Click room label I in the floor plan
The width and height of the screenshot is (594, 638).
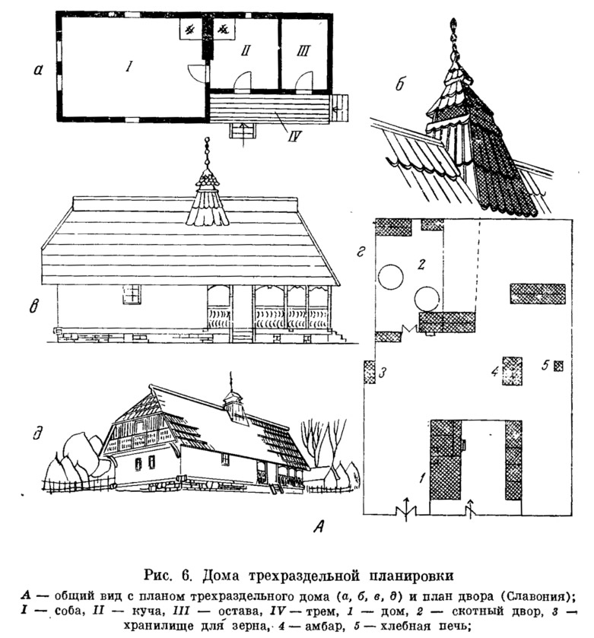click(129, 66)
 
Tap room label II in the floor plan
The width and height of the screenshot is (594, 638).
click(246, 50)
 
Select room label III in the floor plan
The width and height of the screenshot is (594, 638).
click(303, 51)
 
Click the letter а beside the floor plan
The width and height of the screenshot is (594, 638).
click(38, 71)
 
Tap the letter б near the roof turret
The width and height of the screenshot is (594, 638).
click(400, 84)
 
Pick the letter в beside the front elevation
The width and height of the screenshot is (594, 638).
click(34, 306)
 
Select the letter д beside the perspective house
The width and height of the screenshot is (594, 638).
click(37, 433)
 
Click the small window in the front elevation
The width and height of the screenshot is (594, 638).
click(132, 294)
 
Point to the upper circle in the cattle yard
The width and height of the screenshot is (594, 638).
click(391, 277)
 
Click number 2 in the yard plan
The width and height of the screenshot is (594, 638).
click(421, 265)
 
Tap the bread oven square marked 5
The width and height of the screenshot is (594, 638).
click(558, 367)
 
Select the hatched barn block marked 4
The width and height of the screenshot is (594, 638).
click(512, 371)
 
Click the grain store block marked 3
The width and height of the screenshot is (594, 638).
click(370, 372)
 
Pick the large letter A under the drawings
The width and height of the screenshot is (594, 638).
click(319, 527)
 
